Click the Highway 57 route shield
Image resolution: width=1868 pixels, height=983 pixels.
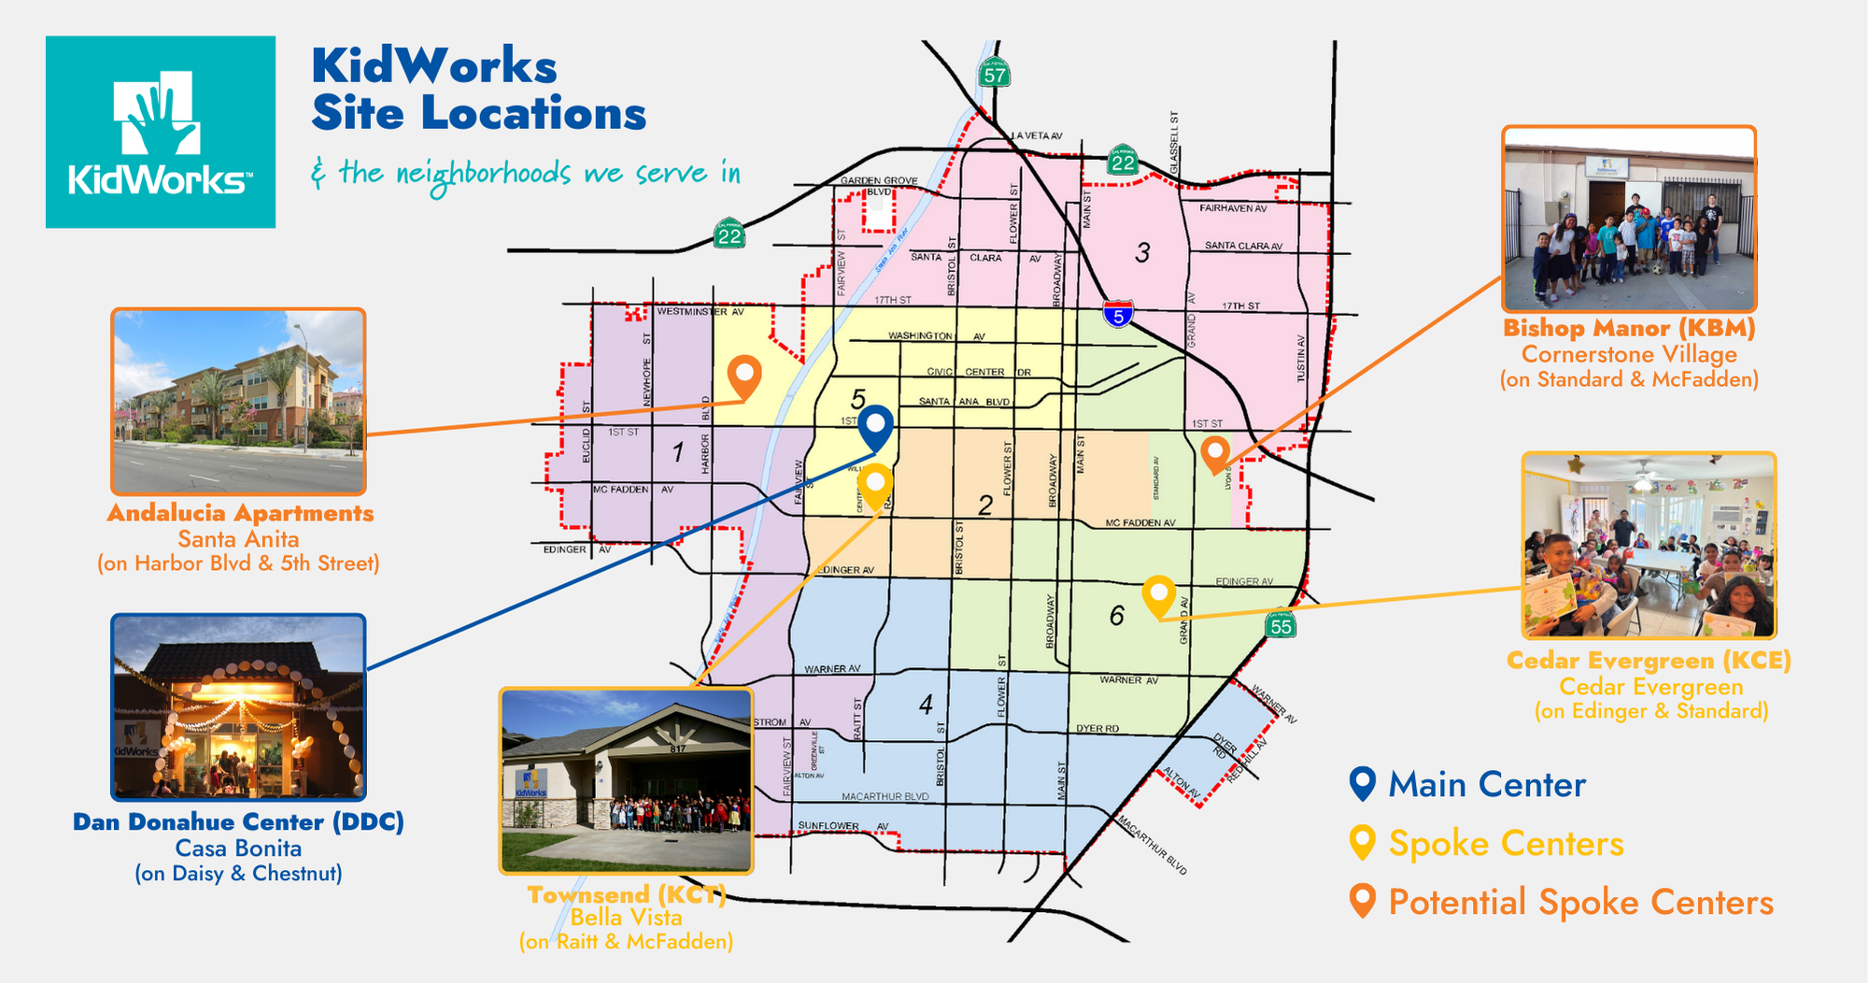995,75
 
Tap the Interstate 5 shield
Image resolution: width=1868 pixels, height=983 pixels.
1118,314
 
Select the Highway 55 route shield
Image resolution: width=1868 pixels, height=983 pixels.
1281,625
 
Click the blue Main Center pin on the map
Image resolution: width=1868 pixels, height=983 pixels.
875,429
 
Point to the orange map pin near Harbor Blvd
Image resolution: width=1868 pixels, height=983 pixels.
744,377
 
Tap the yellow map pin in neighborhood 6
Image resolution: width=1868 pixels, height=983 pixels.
1158,596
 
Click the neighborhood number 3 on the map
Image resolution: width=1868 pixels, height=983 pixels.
1142,252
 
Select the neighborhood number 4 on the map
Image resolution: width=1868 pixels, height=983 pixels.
926,704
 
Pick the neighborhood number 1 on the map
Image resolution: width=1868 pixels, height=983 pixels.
678,453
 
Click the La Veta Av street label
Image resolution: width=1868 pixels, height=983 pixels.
1037,136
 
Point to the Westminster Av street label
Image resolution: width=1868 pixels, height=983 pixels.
700,311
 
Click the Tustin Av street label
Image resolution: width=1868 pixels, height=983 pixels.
1301,358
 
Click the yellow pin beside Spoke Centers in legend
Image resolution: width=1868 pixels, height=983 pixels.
1363,842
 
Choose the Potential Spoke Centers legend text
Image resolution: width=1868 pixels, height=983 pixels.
1580,903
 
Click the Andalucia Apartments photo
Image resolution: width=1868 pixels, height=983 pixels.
238,401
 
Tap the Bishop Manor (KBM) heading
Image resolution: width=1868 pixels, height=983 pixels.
1629,329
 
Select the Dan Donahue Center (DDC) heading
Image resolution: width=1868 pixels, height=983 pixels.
238,822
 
